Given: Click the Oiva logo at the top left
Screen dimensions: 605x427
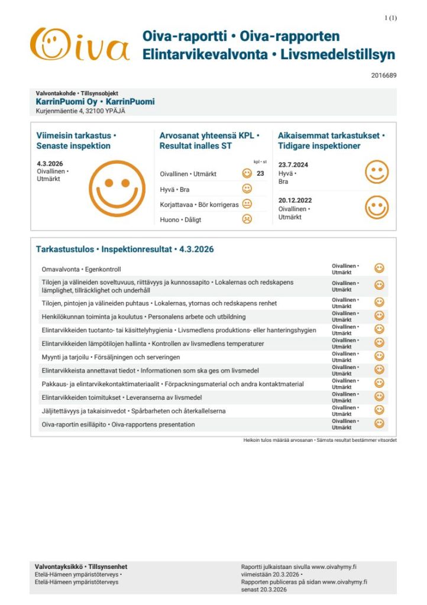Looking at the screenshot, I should (x=80, y=46).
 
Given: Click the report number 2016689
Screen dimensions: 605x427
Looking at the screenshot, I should (x=384, y=75).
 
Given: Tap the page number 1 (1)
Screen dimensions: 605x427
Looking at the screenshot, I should (x=391, y=18).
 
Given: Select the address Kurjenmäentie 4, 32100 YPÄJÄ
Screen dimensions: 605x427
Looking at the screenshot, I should (x=80, y=111).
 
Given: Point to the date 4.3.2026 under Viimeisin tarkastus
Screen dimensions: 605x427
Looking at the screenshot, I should (x=50, y=164).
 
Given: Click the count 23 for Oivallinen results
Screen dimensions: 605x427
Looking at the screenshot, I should (x=260, y=174).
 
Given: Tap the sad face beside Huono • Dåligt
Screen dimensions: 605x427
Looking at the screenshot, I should (x=247, y=219).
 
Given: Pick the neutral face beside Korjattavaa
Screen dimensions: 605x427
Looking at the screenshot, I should (x=247, y=204).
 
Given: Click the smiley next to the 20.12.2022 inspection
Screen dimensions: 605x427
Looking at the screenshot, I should (x=377, y=208).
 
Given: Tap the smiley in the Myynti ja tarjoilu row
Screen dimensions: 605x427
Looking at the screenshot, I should (x=380, y=357).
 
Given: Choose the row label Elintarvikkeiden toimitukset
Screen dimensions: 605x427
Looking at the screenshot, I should (x=122, y=397).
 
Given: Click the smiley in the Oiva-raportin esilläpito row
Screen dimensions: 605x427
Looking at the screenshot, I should (x=380, y=423).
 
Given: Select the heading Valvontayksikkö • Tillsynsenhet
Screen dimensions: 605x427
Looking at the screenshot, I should (x=81, y=567).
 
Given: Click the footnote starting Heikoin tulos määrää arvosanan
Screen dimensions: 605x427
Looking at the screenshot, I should (x=319, y=441).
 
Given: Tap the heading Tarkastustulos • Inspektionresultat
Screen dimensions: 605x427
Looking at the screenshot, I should (x=125, y=249).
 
